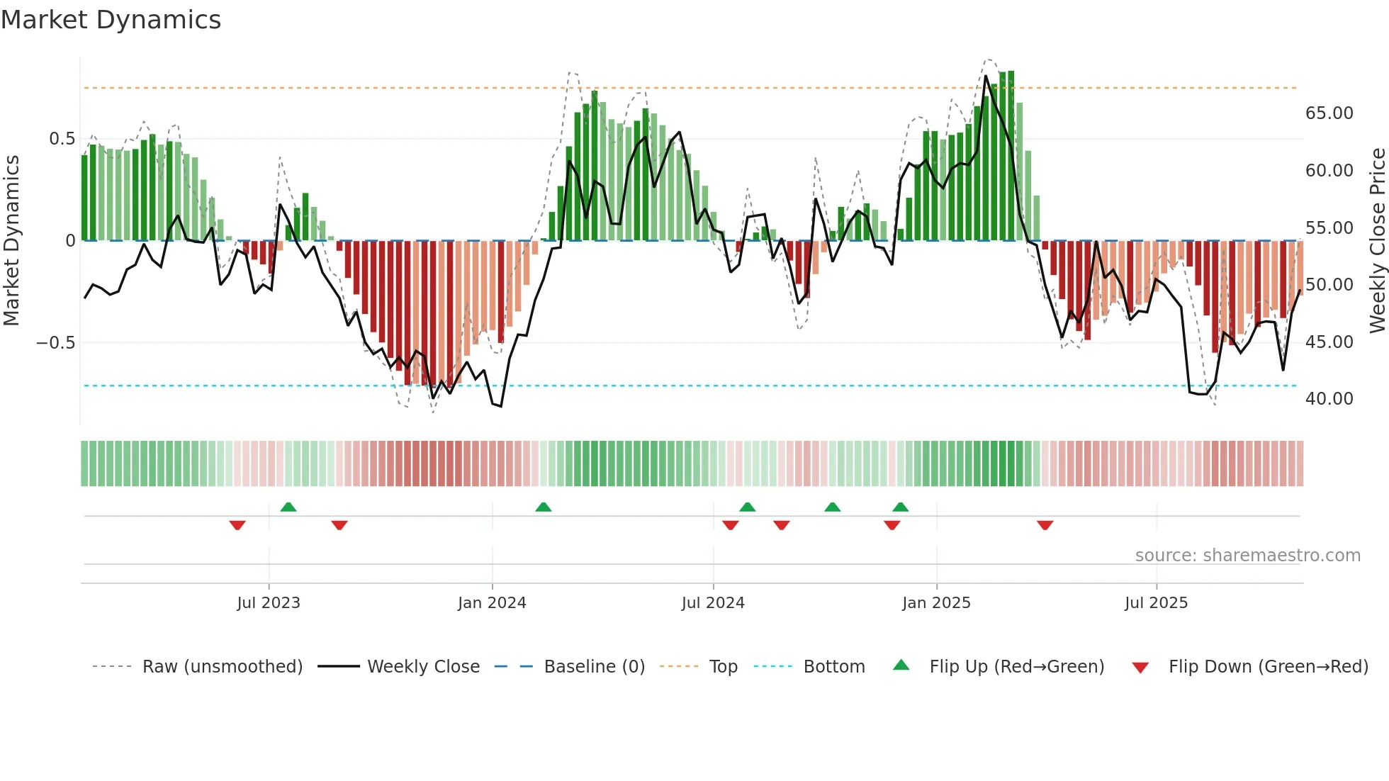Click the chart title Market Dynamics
tap(111, 20)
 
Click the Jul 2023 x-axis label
tap(269, 603)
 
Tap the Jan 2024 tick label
tap(492, 603)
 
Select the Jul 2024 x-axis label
tap(713, 603)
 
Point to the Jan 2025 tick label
tap(936, 603)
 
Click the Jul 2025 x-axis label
tap(1156, 603)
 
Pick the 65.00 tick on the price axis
tap(1329, 113)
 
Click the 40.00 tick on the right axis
tap(1329, 399)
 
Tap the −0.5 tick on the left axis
tap(55, 343)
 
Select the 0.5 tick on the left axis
tap(62, 139)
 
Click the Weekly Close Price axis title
tap(1377, 240)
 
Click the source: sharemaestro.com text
tap(1247, 556)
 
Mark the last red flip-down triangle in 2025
tap(1045, 525)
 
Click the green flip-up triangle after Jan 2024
tap(543, 507)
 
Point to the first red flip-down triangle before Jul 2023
tap(237, 525)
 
